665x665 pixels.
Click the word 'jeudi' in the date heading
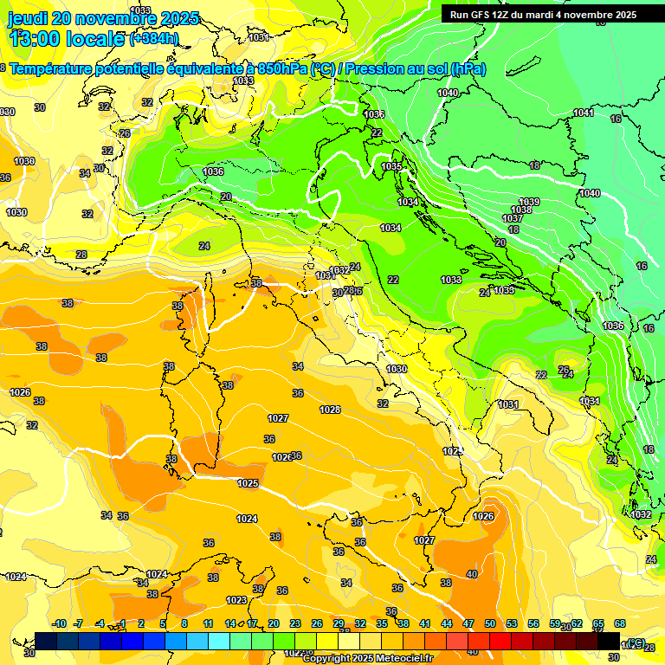(27, 18)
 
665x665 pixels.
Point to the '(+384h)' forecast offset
(154, 38)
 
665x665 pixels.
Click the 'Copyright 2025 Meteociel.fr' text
(367, 658)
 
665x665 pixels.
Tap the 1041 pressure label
(584, 113)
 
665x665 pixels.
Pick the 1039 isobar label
(529, 202)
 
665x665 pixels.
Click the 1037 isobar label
(513, 219)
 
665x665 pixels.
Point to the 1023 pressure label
(236, 600)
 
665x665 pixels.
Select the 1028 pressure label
(329, 410)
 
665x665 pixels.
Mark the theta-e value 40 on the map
(472, 574)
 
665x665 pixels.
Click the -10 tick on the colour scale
(60, 623)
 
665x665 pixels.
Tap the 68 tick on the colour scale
(620, 623)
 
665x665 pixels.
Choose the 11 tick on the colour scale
(208, 623)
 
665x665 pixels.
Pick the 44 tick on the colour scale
(447, 623)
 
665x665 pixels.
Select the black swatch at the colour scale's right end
(609, 641)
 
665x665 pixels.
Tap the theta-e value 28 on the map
(81, 255)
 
